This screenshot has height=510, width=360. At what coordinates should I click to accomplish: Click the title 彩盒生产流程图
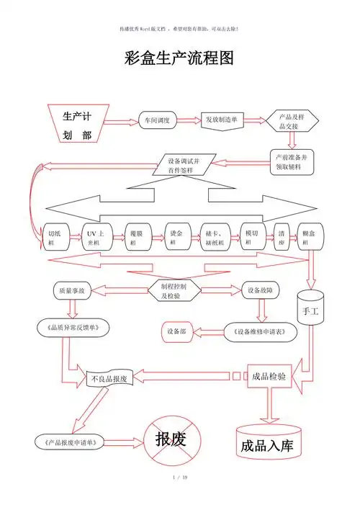point(179,58)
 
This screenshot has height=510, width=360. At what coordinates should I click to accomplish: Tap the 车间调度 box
point(157,120)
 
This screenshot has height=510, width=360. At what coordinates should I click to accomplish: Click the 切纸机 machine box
point(56,238)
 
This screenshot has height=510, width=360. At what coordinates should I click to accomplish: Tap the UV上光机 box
point(97,238)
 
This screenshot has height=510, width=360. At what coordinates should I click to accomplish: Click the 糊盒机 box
point(313,238)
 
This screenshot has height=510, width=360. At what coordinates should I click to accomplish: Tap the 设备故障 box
point(259,291)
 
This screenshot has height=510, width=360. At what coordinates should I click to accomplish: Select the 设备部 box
point(177,331)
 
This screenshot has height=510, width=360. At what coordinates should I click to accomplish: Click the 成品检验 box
point(271,375)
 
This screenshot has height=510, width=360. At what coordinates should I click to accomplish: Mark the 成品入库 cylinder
point(267,441)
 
